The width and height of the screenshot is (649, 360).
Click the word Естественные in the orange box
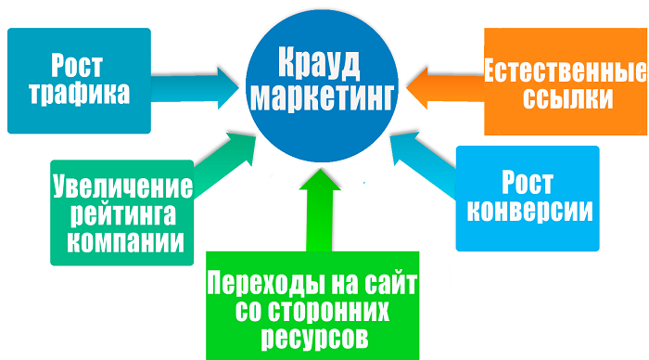point(563,71)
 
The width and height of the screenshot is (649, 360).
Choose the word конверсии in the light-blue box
point(528,210)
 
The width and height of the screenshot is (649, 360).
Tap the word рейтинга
point(121,214)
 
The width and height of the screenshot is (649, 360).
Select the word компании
point(121,240)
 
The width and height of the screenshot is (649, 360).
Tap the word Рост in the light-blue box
point(527,182)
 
